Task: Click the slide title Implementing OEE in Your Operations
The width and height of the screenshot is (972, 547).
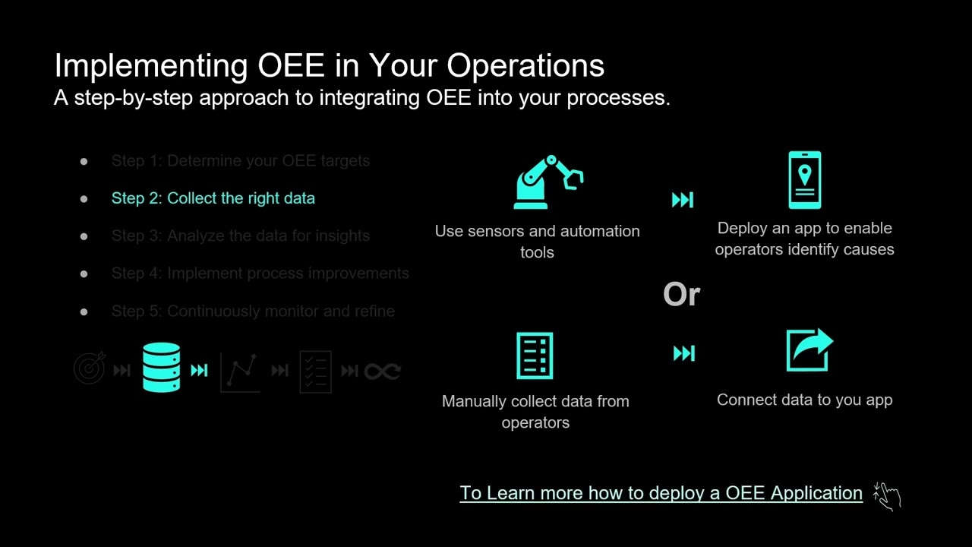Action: pyautogui.click(x=329, y=65)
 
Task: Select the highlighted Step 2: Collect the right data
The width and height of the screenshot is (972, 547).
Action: pyautogui.click(x=213, y=198)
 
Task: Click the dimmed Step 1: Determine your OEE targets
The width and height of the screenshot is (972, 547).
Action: pyautogui.click(x=240, y=161)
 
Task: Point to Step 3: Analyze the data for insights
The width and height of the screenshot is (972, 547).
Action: pyautogui.click(x=240, y=236)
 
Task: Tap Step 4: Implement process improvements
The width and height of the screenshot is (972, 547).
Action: pyautogui.click(x=260, y=273)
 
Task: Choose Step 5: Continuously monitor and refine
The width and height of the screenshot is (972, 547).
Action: pyautogui.click(x=252, y=311)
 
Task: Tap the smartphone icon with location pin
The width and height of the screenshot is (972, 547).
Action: pyautogui.click(x=804, y=180)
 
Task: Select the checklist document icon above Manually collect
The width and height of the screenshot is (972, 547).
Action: pyautogui.click(x=535, y=356)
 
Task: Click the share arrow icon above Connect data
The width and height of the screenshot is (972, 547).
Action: pyautogui.click(x=809, y=350)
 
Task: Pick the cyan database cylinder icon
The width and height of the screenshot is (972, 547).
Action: pyautogui.click(x=162, y=368)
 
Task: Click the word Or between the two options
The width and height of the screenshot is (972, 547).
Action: pyautogui.click(x=681, y=295)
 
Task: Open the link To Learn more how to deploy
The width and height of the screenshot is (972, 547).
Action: pyautogui.click(x=661, y=493)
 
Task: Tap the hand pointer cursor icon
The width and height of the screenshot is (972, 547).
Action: pyautogui.click(x=886, y=495)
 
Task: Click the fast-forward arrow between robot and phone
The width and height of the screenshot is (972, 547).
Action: pyautogui.click(x=683, y=200)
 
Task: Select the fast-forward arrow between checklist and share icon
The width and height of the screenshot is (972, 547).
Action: pyautogui.click(x=683, y=353)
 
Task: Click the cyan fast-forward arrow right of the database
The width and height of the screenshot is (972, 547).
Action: pyautogui.click(x=199, y=371)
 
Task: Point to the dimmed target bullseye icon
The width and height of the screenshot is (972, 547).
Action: pyautogui.click(x=90, y=369)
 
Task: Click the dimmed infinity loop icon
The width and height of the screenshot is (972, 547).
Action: pyautogui.click(x=382, y=371)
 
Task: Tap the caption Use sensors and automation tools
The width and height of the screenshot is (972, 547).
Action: pyautogui.click(x=537, y=242)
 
